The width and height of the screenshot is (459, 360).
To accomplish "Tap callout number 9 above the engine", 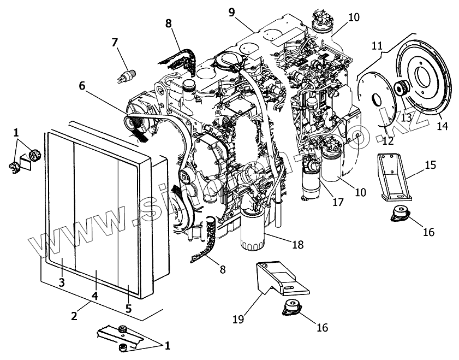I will point(231,11).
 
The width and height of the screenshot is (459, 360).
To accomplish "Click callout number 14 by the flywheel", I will point(442,126).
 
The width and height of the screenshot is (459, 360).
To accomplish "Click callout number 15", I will point(431,164).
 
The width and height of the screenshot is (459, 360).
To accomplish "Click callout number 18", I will point(297,244).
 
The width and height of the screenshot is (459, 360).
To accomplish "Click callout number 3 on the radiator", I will point(61,282).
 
